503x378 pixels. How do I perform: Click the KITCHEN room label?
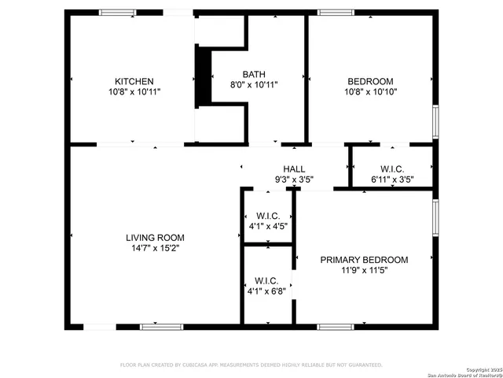(134, 81)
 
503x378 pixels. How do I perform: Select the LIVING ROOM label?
(155, 237)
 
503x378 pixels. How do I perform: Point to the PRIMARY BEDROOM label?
(364, 260)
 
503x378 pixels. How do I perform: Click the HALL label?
(294, 169)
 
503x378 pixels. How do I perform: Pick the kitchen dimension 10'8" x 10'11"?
(134, 92)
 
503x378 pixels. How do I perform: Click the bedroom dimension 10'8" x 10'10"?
(370, 92)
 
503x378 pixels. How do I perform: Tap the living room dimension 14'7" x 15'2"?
(155, 248)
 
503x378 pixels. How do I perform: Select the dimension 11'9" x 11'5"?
(364, 270)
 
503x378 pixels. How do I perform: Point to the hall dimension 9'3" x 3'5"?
(294, 180)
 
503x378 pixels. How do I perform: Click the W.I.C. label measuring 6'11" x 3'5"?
(392, 169)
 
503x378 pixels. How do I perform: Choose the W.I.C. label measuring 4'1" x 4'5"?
(268, 216)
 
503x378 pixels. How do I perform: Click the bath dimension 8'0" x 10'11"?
(254, 85)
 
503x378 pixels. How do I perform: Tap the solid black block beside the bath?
(203, 76)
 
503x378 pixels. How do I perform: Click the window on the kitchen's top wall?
(117, 13)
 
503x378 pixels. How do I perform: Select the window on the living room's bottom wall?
(161, 326)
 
